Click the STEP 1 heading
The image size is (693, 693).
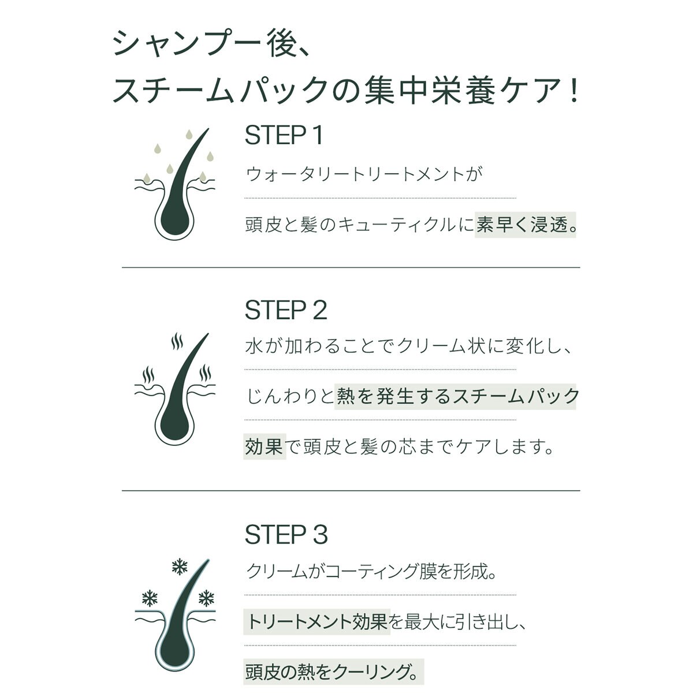coord(284,136)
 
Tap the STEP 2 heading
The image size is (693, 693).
coord(286,310)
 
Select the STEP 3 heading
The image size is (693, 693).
coord(286,535)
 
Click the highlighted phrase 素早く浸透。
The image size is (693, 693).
coord(527,225)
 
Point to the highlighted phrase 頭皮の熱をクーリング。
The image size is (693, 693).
coord(333,672)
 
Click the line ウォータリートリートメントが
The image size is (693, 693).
coord(364,174)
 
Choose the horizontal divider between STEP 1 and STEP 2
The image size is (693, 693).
coord(351,267)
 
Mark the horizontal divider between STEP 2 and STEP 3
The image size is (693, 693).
coord(351,491)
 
